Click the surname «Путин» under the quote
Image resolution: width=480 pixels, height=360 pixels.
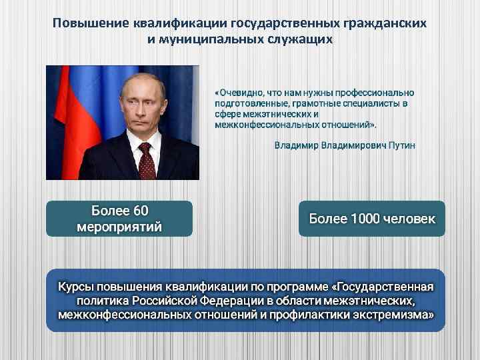click(x=399, y=145)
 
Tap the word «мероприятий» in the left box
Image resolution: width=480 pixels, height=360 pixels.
click(x=119, y=227)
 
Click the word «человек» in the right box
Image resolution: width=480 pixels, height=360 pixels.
click(x=411, y=219)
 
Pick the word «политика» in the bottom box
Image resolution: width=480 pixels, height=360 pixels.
click(x=83, y=300)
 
